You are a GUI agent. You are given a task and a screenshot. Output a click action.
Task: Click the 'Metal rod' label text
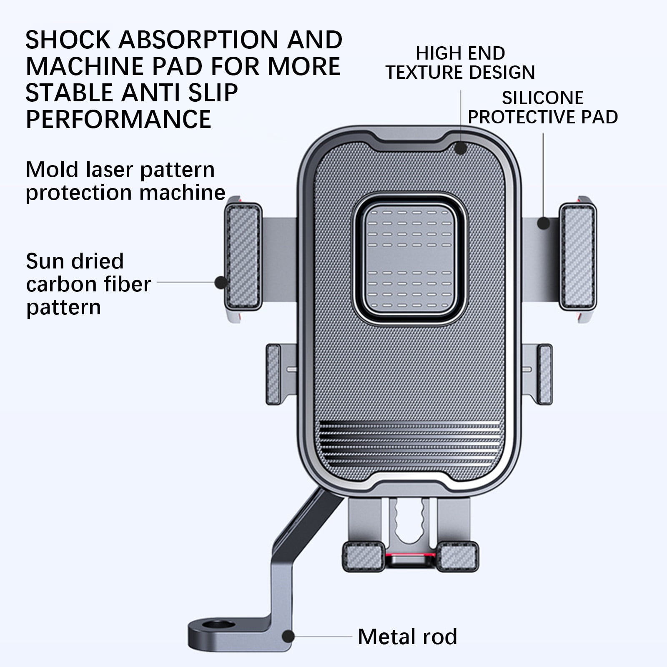pyautogui.click(x=407, y=637)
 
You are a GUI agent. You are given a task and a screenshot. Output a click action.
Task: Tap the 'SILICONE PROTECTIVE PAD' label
pyautogui.click(x=543, y=108)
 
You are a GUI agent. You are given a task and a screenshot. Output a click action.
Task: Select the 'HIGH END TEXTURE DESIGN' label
pyautogui.click(x=460, y=63)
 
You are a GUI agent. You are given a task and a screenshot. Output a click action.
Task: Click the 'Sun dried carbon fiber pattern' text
pyautogui.click(x=88, y=284)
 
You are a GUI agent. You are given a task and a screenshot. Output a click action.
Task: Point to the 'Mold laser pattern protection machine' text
pyautogui.click(x=125, y=181)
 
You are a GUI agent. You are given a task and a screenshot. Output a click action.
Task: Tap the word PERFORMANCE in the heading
pyautogui.click(x=119, y=119)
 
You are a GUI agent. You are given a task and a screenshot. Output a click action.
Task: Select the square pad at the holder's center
pyautogui.click(x=409, y=259)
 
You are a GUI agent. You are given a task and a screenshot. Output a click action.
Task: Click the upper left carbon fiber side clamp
pyautogui.click(x=243, y=257)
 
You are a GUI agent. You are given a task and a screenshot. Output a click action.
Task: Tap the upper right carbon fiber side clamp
pyautogui.click(x=577, y=257)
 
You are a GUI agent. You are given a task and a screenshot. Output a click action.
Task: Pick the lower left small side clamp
pyautogui.click(x=273, y=374)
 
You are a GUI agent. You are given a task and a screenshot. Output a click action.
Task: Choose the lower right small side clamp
pyautogui.click(x=545, y=374)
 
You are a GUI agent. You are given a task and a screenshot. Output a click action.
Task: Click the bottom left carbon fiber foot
pyautogui.click(x=363, y=557)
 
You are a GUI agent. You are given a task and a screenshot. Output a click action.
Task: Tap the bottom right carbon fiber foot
pyautogui.click(x=457, y=557)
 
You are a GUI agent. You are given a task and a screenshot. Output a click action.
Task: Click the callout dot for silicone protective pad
pyautogui.click(x=543, y=223)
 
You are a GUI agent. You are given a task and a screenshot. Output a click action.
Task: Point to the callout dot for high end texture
pyautogui.click(x=461, y=148)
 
